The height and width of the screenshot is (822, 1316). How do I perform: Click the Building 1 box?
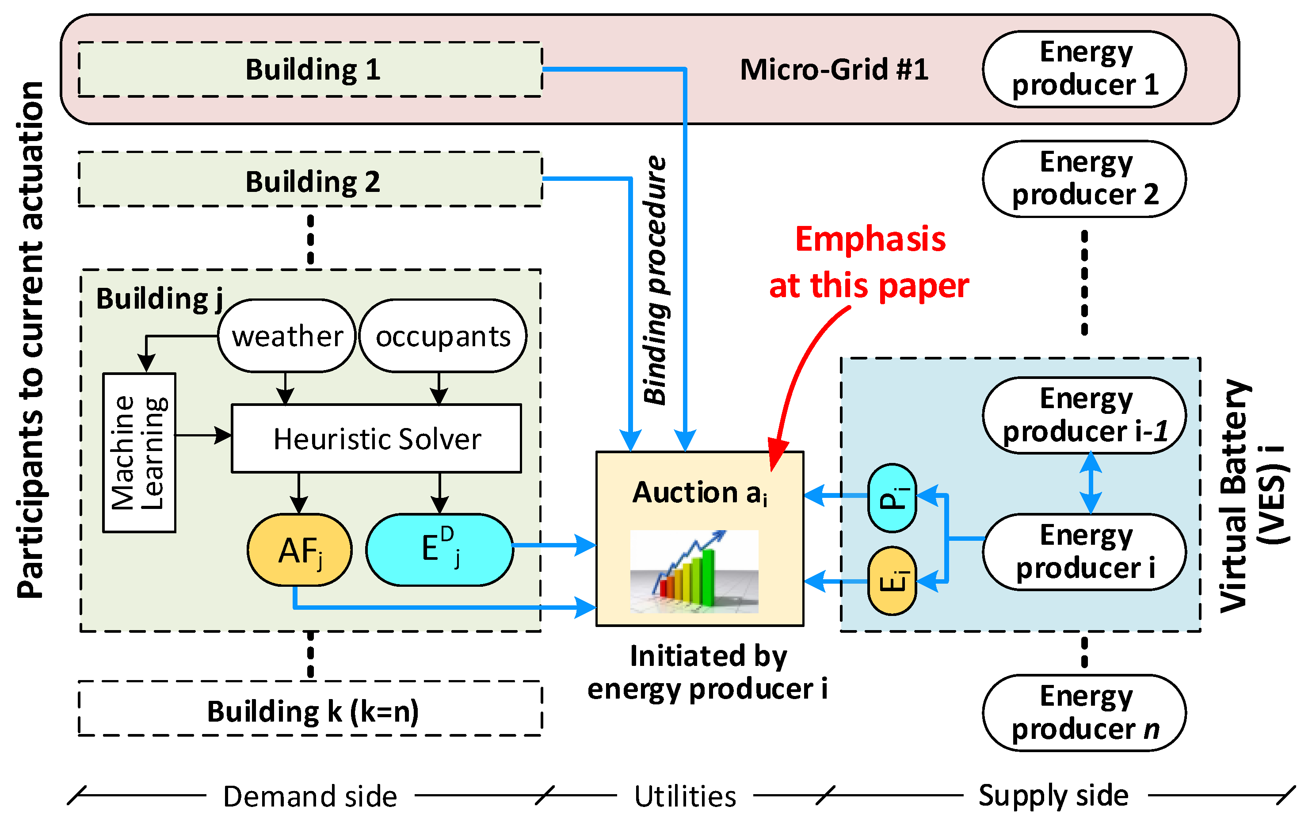click(310, 69)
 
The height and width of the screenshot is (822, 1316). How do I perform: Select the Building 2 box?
click(310, 180)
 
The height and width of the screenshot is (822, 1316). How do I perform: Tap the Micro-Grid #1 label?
click(834, 69)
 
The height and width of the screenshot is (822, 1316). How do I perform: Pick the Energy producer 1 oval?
click(1083, 69)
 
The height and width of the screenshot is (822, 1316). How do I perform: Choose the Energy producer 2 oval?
click(1083, 179)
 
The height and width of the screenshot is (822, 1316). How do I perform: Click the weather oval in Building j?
click(286, 336)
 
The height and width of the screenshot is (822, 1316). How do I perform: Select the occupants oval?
click(443, 336)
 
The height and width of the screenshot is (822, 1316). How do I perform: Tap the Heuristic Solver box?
click(376, 439)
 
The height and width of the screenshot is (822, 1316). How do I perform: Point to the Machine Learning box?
click(139, 452)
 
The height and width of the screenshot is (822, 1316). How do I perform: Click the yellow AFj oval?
click(299, 550)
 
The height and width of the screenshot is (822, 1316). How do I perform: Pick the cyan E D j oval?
click(439, 550)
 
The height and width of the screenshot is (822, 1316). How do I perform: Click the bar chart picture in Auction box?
click(694, 571)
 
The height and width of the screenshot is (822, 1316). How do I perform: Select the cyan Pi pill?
click(892, 497)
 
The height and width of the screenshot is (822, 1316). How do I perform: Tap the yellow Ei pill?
click(892, 581)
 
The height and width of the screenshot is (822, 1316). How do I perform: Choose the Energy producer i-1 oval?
click(1083, 415)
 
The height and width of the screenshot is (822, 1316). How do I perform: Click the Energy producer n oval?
click(1083, 713)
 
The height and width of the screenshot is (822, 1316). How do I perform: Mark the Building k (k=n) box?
click(310, 709)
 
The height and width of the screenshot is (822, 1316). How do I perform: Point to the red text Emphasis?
click(870, 239)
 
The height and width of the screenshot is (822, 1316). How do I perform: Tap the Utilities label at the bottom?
click(685, 796)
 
